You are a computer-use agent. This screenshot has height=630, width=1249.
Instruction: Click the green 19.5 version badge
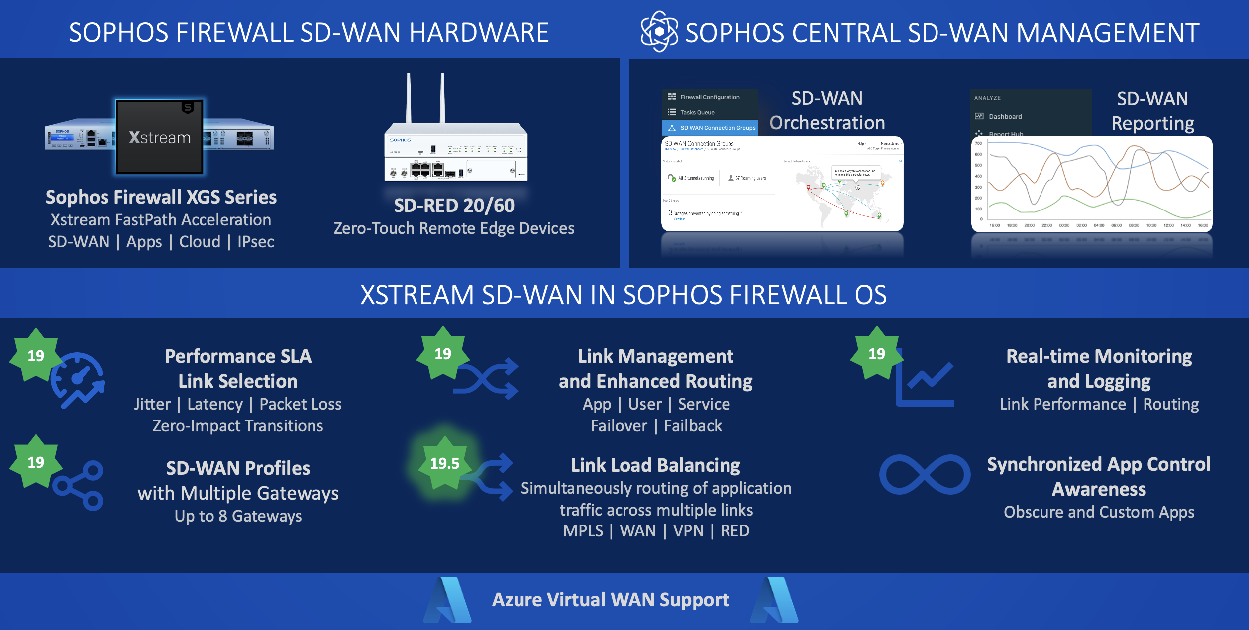pos(444,463)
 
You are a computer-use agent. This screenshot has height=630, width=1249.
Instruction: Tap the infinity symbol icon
pos(925,474)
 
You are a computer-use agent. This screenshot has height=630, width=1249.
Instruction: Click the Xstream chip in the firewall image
pos(160,137)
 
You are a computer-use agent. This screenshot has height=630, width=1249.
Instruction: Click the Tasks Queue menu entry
pos(697,112)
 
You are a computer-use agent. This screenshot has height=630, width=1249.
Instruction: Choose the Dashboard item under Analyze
pos(1005,117)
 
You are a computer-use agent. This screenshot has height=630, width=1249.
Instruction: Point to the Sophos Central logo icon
pos(659,32)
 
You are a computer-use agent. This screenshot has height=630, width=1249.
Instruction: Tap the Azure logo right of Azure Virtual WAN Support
pos(775,600)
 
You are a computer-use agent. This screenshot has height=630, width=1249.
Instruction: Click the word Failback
pos(693,426)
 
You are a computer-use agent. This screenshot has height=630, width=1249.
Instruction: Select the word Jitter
pos(152,404)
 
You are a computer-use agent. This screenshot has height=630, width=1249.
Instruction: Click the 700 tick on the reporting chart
pos(978,143)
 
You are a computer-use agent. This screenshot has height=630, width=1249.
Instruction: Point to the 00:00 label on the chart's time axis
pos(1064,225)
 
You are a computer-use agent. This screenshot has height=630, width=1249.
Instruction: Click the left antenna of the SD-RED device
pos(409,98)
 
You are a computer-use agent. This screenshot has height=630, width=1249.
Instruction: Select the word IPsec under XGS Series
pos(256,242)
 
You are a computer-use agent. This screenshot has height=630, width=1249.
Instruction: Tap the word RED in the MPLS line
pos(734,531)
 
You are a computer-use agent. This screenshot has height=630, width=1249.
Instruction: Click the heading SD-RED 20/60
pos(454,206)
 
